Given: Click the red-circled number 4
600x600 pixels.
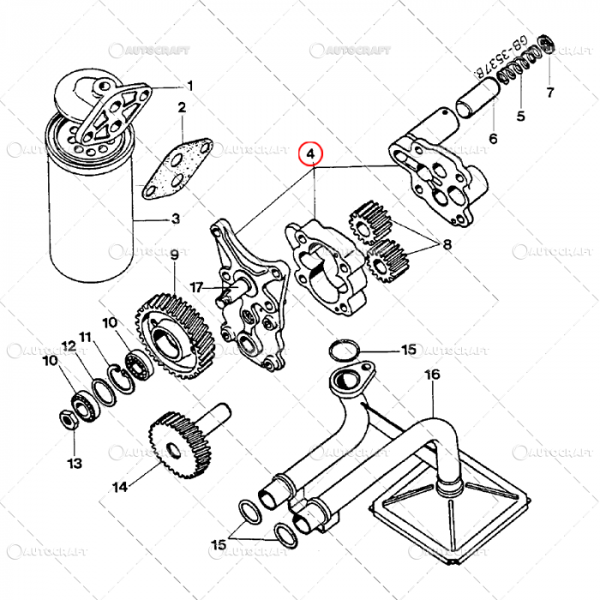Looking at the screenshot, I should [313, 155].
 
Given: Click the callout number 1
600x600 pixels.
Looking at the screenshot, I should [190, 85].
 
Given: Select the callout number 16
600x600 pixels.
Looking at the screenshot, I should [431, 375].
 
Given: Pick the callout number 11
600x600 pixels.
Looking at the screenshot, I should [86, 335].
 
